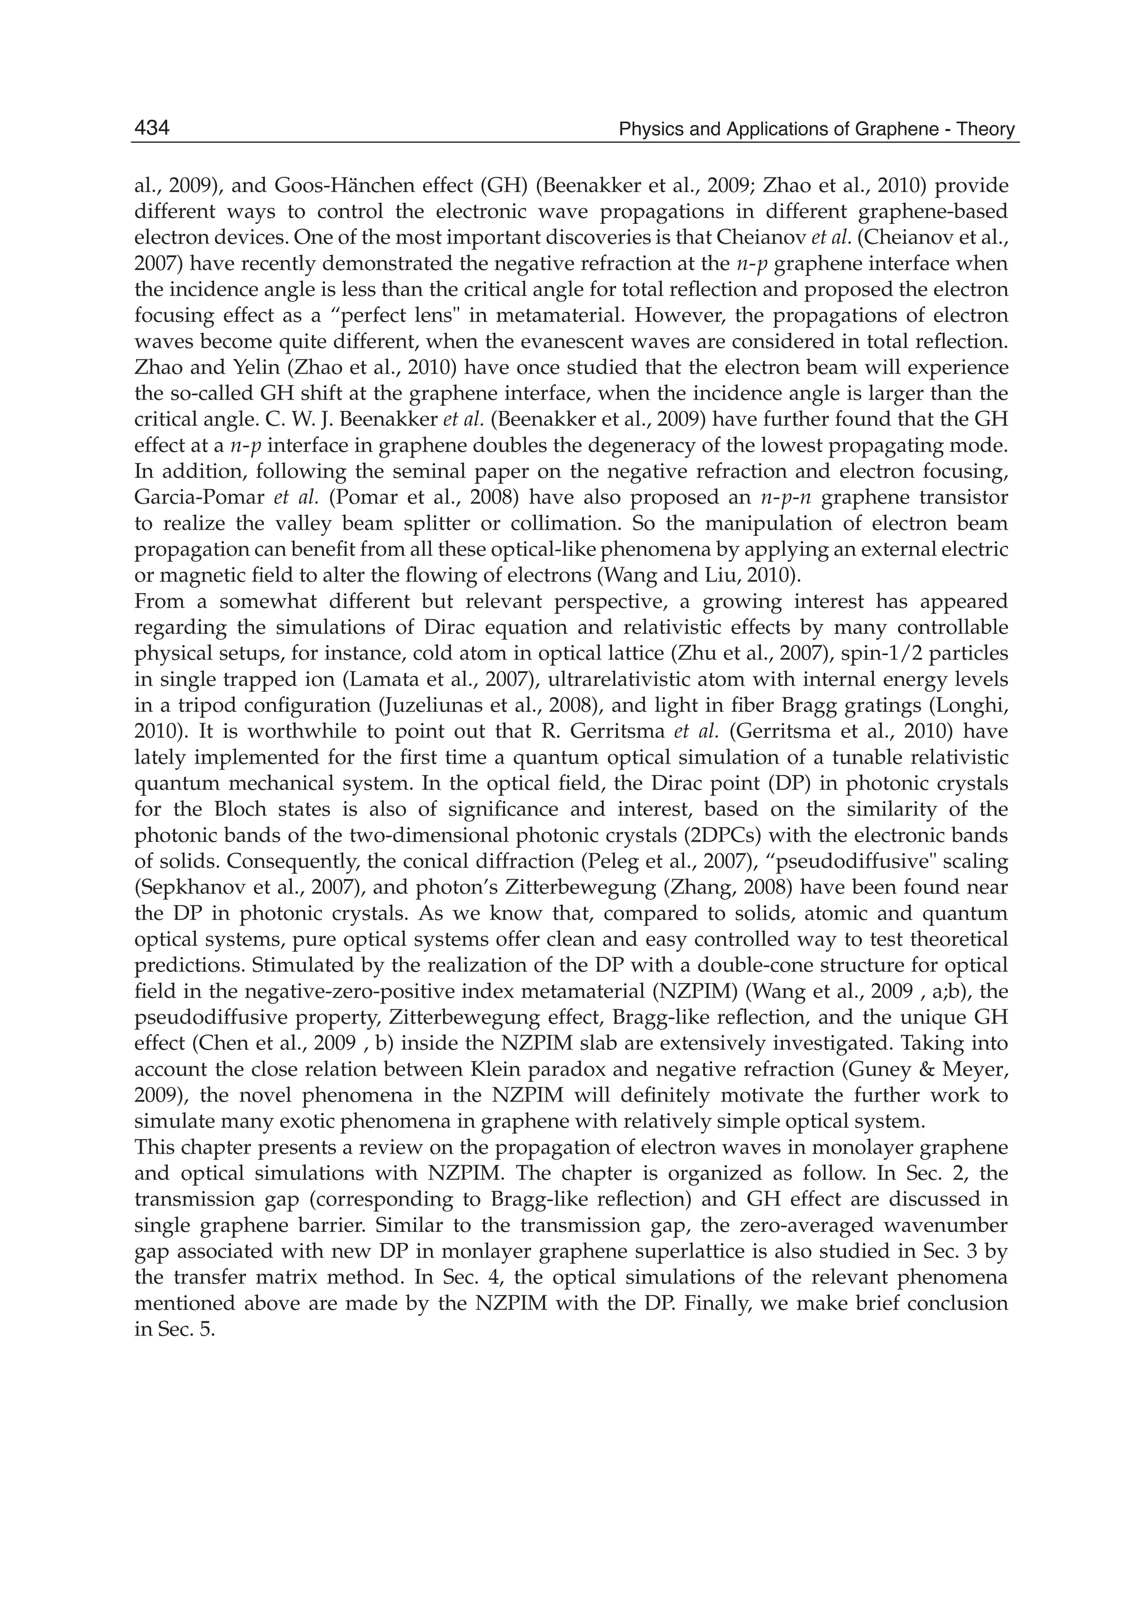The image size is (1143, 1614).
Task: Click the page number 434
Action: [x=152, y=129]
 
